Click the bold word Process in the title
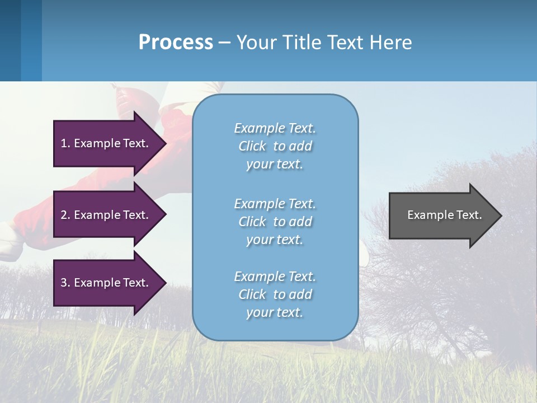click(176, 43)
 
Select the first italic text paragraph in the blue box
click(275, 146)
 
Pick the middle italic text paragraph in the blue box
click(275, 222)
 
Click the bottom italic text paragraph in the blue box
click(275, 294)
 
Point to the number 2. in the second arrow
click(65, 215)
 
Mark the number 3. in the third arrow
click(65, 283)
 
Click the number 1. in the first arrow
click(65, 143)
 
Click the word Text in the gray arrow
click(469, 215)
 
